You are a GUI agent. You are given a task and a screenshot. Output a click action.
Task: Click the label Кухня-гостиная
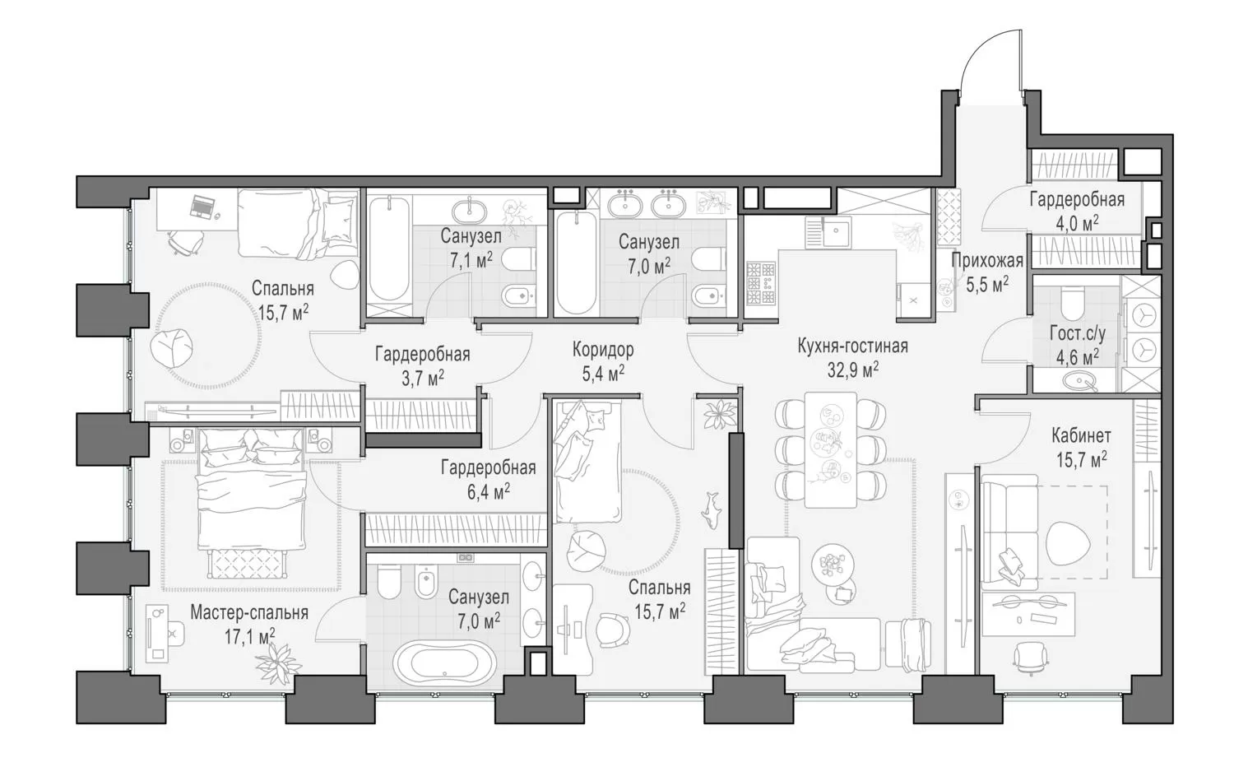click(852, 346)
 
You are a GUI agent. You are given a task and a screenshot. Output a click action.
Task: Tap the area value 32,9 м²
click(853, 370)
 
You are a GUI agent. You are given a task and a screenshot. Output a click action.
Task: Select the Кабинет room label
click(1079, 436)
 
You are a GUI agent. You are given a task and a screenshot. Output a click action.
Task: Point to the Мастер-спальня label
click(249, 612)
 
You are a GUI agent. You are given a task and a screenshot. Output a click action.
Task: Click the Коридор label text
click(603, 350)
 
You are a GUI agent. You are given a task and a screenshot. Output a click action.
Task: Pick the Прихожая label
click(987, 260)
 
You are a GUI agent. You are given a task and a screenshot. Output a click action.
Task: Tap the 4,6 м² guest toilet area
click(1077, 357)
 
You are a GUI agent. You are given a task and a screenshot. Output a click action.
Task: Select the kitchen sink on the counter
click(837, 231)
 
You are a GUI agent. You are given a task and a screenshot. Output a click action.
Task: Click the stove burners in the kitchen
click(761, 283)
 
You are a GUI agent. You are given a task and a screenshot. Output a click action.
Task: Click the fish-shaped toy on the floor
click(712, 510)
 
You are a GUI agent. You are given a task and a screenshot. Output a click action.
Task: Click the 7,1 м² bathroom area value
click(471, 259)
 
